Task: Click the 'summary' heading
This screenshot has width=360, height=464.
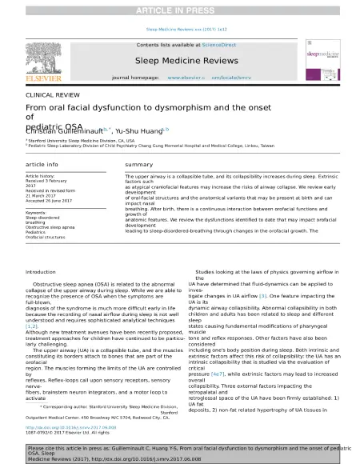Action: [x=138, y=165]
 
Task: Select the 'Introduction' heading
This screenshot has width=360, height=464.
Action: [x=41, y=273]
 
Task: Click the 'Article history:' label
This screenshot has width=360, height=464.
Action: [x=41, y=175]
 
